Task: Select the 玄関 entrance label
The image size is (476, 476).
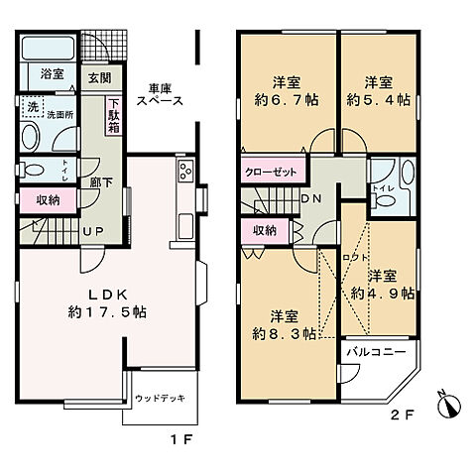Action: [x=98, y=78]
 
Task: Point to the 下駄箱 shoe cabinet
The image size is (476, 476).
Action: [x=115, y=114]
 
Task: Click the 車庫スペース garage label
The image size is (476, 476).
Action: [x=160, y=94]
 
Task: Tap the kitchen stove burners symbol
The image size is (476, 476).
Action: [x=185, y=175]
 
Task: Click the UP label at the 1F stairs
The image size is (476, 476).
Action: [x=94, y=232]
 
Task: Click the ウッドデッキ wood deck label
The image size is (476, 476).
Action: [x=156, y=399]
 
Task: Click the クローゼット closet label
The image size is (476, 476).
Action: [x=272, y=172]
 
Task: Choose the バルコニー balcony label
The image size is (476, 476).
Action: [x=375, y=352]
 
